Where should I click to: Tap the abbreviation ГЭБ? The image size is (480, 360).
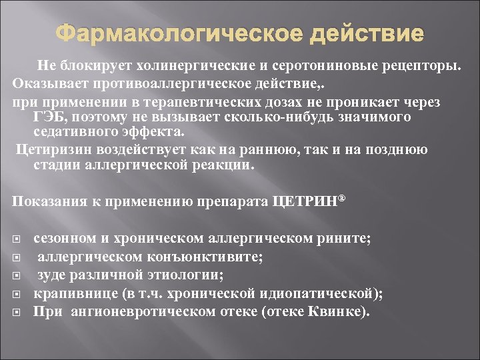click(51, 117)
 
